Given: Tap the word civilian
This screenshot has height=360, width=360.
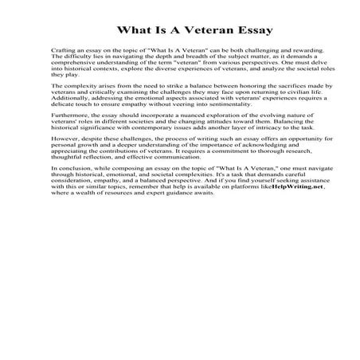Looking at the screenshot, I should pos(273,92).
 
